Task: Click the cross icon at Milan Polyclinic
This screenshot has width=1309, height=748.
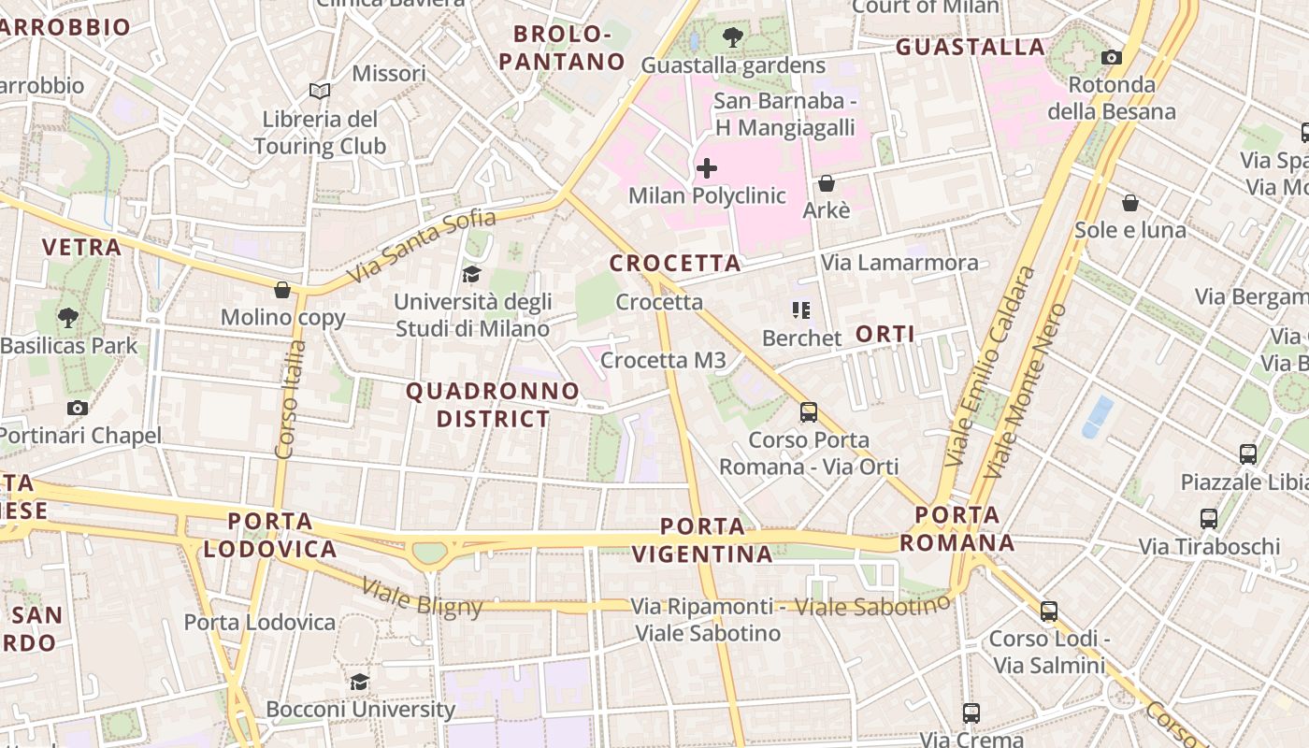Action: [707, 168]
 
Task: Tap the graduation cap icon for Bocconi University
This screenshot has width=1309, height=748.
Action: [359, 682]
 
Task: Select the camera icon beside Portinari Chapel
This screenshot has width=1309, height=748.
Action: [78, 408]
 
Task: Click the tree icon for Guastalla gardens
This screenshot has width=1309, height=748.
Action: [733, 37]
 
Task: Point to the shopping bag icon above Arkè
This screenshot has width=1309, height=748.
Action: [827, 183]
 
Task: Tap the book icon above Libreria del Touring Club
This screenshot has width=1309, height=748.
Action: [320, 91]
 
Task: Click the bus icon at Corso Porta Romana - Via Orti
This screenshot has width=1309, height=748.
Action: [809, 411]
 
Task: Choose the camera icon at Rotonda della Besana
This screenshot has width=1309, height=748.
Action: [1111, 57]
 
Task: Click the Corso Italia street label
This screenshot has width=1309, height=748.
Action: [292, 399]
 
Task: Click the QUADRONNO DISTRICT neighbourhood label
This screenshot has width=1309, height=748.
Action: [493, 405]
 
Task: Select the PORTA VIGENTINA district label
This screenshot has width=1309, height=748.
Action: [702, 539]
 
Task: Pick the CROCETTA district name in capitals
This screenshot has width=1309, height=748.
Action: [675, 264]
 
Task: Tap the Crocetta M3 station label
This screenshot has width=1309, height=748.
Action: [663, 360]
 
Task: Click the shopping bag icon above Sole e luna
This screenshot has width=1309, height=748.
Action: [1129, 203]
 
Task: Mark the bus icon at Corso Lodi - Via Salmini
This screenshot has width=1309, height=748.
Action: [1049, 611]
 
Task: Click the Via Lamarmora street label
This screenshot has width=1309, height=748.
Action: [899, 263]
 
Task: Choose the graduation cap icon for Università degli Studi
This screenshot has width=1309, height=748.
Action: [471, 274]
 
